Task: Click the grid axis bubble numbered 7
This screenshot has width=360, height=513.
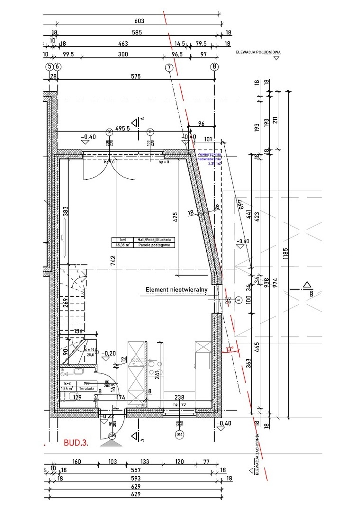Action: [169, 66]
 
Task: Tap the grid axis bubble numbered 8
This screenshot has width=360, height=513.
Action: [214, 66]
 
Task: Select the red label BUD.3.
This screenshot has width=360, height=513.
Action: [76, 443]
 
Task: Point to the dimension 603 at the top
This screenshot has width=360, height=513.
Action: [139, 21]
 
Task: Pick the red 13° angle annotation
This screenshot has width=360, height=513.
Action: [230, 349]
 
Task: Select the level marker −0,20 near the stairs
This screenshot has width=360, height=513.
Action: [108, 353]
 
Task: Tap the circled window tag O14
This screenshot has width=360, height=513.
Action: [179, 435]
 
